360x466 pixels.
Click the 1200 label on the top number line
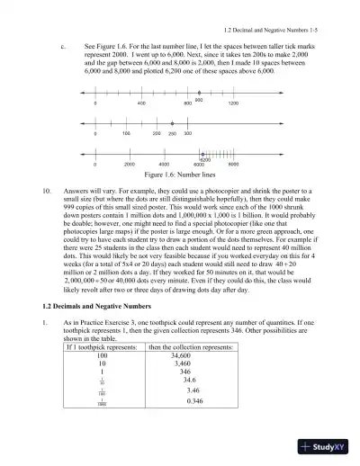tap(233, 104)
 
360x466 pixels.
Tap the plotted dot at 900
tap(199, 93)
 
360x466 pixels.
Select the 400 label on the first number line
tap(141, 104)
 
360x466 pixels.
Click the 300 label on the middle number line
tap(187, 133)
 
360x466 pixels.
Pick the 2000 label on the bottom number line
tap(129, 166)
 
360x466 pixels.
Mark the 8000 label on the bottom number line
tap(233, 166)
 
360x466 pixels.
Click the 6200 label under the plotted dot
tap(204, 160)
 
